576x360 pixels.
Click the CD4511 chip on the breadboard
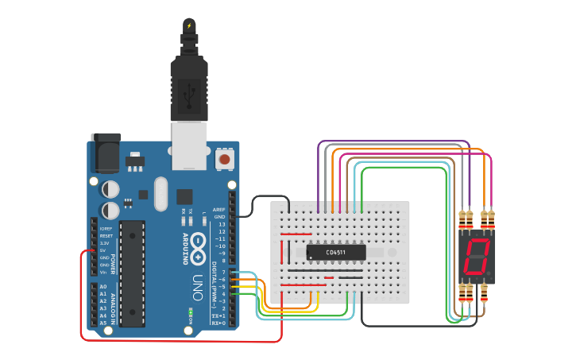pos(336,252)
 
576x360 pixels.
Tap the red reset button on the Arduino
pos(225,159)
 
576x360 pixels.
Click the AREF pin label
pos(219,210)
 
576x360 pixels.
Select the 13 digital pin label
pos(221,224)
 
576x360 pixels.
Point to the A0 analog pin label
pos(102,287)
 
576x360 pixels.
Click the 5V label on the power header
pos(103,250)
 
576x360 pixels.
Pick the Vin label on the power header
pos(104,272)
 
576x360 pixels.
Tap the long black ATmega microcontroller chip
pos(133,273)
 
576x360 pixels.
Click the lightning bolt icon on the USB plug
pos(189,25)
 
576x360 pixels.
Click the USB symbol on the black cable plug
pos(189,96)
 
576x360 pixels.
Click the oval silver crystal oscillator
pos(161,193)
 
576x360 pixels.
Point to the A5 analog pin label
pos(102,323)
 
